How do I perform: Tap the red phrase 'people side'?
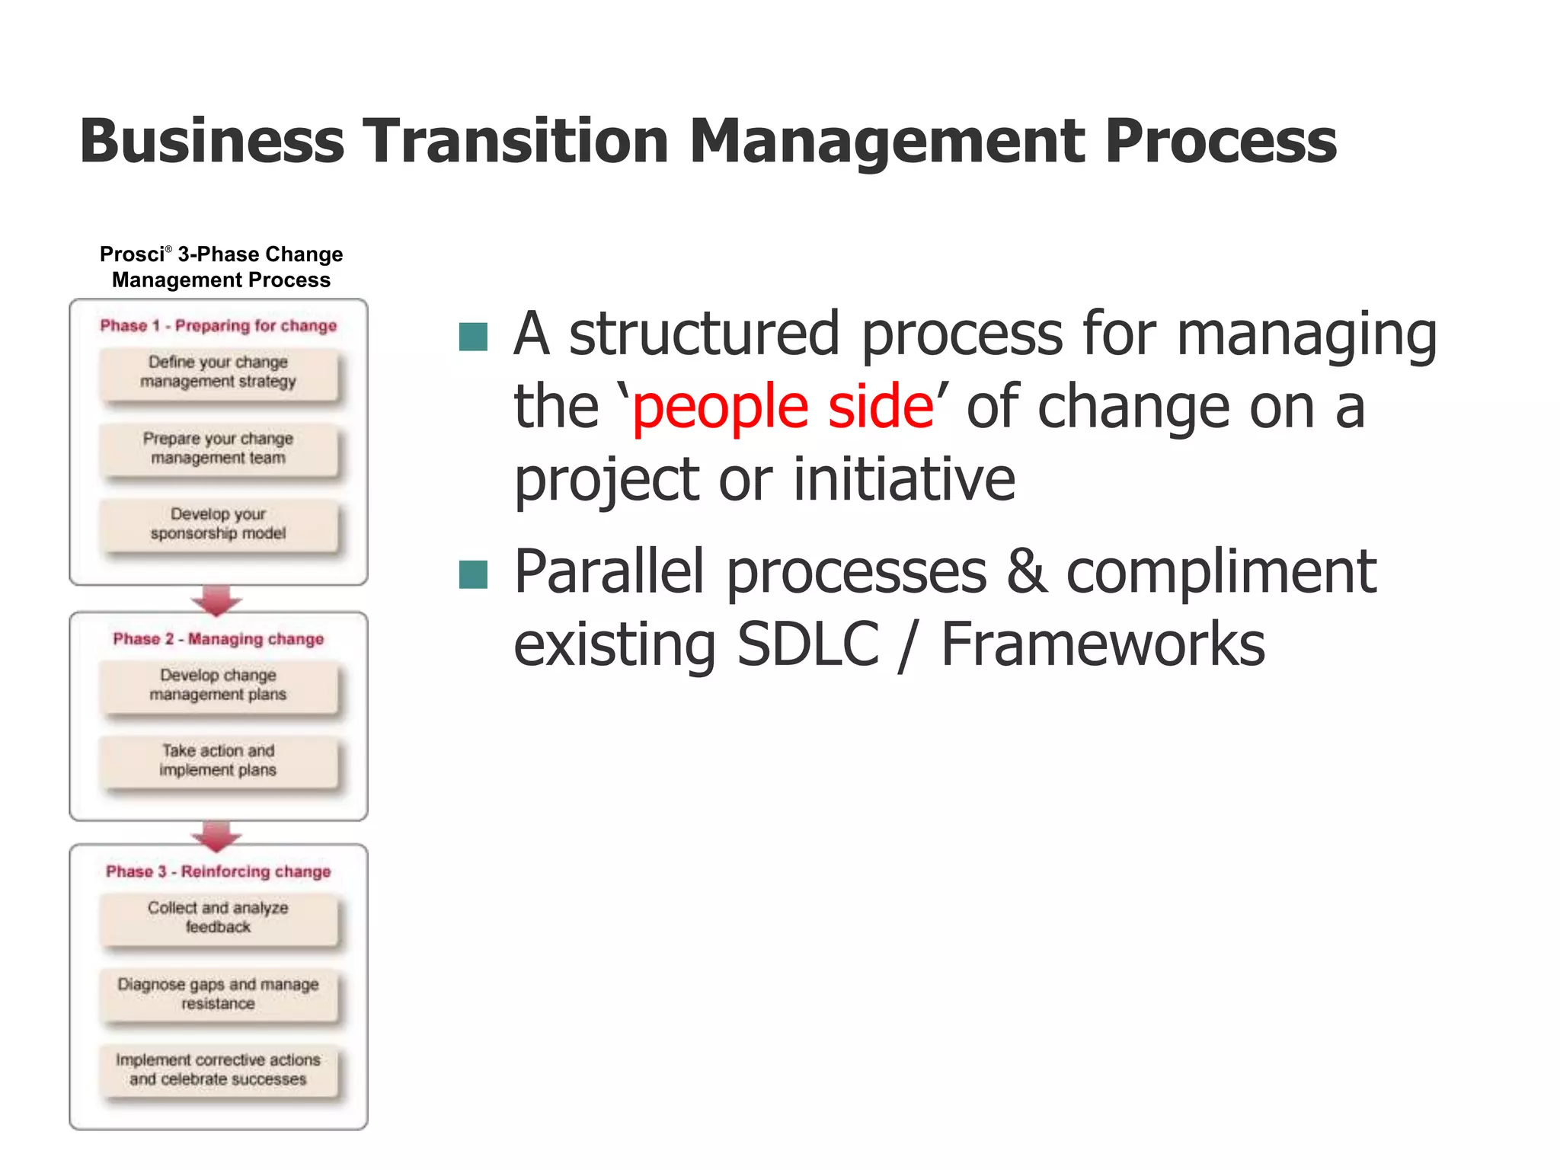point(783,407)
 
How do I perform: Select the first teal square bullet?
point(473,337)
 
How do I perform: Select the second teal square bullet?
point(473,575)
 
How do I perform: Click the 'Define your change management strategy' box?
point(219,373)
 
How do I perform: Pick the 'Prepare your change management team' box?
point(219,449)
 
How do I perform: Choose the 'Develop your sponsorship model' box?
point(219,525)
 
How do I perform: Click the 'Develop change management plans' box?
point(219,686)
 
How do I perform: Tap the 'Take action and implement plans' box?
point(219,761)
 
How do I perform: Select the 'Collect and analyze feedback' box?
point(219,919)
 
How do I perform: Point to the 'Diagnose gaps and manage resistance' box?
point(219,995)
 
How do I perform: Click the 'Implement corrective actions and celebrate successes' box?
point(219,1070)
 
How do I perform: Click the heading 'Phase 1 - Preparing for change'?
point(219,326)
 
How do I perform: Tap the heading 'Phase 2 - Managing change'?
point(219,639)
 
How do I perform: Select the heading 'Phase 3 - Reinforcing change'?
point(219,871)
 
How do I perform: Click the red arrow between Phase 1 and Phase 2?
point(217,600)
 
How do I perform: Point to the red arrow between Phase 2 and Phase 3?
point(217,835)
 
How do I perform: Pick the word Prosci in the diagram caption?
point(133,254)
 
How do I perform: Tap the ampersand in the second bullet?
point(1026,573)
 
